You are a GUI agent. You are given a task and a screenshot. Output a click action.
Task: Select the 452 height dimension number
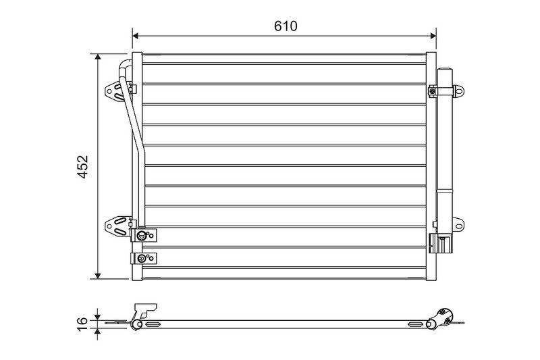coord(82,167)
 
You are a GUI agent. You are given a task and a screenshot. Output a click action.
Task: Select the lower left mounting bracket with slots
coord(117,225)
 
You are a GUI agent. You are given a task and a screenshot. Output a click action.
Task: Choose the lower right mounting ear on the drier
coord(458,224)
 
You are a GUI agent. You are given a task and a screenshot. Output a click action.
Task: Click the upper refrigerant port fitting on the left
coord(143,236)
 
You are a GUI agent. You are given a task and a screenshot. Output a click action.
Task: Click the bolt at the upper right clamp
coord(432,91)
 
